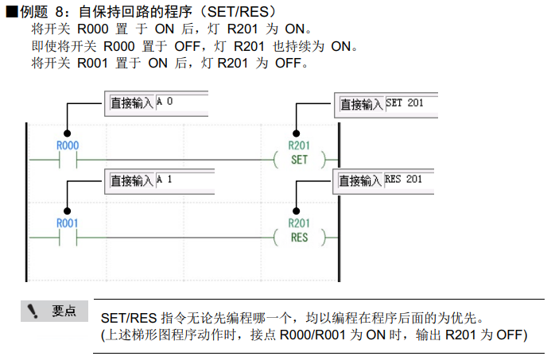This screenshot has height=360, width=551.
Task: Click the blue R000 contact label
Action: click(x=67, y=146)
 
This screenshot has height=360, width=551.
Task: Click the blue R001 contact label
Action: click(x=67, y=223)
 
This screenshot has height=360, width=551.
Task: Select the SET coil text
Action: click(x=299, y=160)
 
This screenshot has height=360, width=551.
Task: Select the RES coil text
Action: click(x=299, y=237)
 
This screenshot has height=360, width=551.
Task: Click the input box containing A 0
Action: click(x=181, y=103)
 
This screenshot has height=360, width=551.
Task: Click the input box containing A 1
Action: click(x=181, y=180)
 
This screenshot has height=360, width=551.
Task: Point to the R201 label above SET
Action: click(x=299, y=146)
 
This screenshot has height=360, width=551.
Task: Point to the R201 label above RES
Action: click(x=299, y=223)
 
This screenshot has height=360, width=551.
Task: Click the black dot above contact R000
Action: click(x=67, y=133)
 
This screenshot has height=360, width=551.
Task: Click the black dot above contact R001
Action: click(x=67, y=210)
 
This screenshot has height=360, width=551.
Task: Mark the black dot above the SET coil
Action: click(x=297, y=133)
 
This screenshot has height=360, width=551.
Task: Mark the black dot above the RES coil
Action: click(x=297, y=210)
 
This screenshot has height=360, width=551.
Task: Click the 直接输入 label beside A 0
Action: click(x=131, y=103)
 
